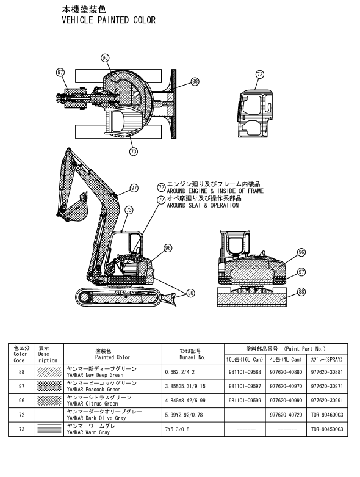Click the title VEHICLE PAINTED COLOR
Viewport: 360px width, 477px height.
(x=109, y=20)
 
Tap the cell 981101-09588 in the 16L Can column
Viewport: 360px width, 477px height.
(x=245, y=372)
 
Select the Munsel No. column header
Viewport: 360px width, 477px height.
(x=193, y=354)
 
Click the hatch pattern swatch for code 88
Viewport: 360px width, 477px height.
(x=49, y=372)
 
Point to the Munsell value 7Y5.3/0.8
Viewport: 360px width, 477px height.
(x=177, y=429)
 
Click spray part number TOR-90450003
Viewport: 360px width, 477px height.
(x=327, y=429)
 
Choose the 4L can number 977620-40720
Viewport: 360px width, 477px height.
(x=286, y=415)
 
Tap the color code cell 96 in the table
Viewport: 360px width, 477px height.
(x=21, y=400)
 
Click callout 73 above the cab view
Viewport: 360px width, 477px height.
(x=260, y=75)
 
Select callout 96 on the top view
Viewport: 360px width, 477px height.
(x=105, y=58)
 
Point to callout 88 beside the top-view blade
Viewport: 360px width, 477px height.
(x=195, y=81)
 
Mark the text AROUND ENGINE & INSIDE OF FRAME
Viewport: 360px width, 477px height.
(x=215, y=191)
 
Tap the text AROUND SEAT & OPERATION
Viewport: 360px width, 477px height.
(x=203, y=205)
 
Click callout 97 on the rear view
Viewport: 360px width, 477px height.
(x=301, y=272)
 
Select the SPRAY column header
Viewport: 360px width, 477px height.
(x=327, y=359)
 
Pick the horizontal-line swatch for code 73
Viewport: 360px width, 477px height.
(x=49, y=429)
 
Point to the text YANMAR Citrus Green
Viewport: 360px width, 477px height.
(x=92, y=404)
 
